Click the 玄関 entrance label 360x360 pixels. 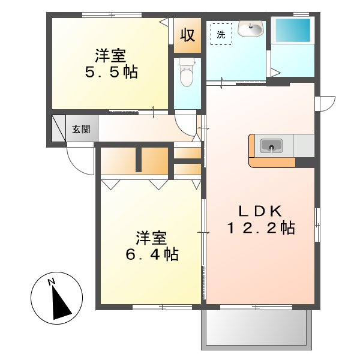[x=81, y=128]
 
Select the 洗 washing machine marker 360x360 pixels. [x=220, y=34]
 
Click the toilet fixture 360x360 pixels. [x=186, y=74]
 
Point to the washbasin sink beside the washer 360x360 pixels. [x=250, y=28]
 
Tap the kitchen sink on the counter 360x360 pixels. [x=272, y=146]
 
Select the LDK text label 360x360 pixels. [x=260, y=211]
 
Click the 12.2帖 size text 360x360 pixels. [x=260, y=229]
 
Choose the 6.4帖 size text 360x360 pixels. [x=151, y=254]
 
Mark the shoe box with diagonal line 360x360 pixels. [x=58, y=128]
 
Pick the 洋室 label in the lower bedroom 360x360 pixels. [x=151, y=237]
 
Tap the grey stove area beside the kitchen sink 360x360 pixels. [x=304, y=145]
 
